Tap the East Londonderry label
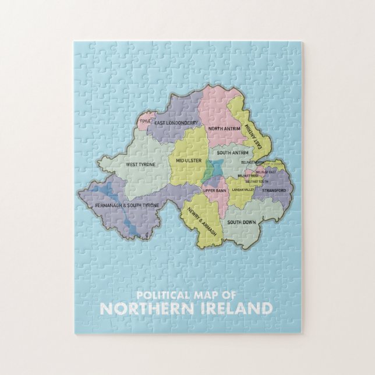coord(177,123)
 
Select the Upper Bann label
coord(214,190)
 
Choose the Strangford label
coord(273,190)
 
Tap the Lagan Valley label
coord(243,190)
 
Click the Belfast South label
coord(258,181)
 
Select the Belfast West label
coord(248,176)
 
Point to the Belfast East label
coord(266,172)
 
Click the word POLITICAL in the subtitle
coord(160,294)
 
